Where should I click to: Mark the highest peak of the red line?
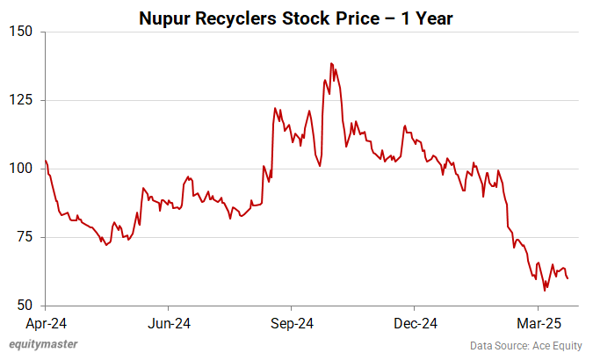(331, 63)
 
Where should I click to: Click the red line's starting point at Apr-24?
(45, 160)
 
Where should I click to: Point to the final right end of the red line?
(568, 278)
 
